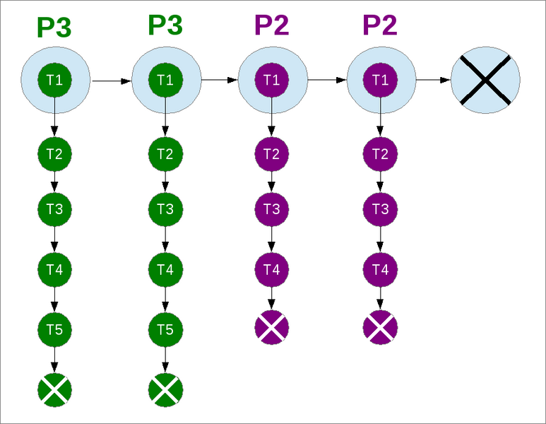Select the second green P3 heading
click(x=165, y=25)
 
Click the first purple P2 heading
click(x=271, y=26)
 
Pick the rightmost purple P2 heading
click(x=380, y=26)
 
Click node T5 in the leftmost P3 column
click(x=54, y=329)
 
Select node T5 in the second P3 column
click(x=165, y=329)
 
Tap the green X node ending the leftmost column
click(x=54, y=389)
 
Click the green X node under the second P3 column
click(x=165, y=389)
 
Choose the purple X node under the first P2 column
click(x=272, y=327)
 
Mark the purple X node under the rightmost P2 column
click(x=380, y=327)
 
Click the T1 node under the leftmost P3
click(x=54, y=79)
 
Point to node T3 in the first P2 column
click(x=272, y=208)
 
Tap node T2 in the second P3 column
click(x=165, y=153)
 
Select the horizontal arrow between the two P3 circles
click(x=112, y=81)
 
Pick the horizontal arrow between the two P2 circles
click(x=327, y=80)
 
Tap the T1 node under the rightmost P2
click(x=380, y=79)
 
